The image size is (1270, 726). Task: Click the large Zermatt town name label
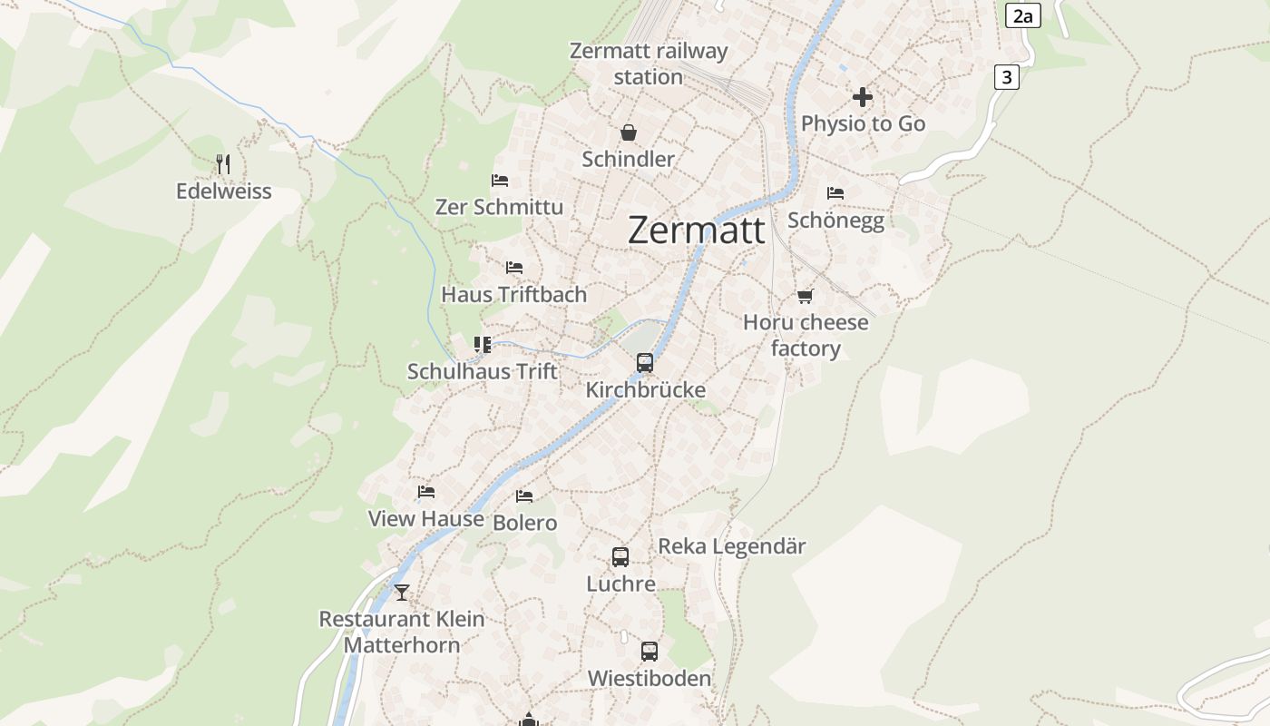(x=696, y=231)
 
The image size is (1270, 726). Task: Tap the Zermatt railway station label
(x=648, y=64)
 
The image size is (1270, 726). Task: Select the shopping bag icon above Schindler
(x=628, y=133)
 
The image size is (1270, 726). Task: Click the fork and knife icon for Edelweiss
(x=223, y=164)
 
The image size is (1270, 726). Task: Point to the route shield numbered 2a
(x=1022, y=15)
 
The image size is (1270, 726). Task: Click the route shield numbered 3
(x=1006, y=77)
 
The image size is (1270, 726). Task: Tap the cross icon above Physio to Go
(x=863, y=97)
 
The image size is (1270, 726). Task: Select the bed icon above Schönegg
(x=835, y=193)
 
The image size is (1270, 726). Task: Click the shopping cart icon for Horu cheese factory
(x=805, y=296)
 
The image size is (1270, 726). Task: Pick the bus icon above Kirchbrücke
(x=645, y=363)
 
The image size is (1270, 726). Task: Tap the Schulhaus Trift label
(x=483, y=371)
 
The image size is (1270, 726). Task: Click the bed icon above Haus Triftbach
(x=514, y=268)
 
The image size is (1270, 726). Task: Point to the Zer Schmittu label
(x=499, y=207)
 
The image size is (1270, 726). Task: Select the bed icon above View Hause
(x=426, y=492)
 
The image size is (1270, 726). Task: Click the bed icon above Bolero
(x=524, y=496)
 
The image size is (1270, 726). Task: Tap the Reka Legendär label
(x=731, y=546)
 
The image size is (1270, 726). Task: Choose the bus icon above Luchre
(x=620, y=557)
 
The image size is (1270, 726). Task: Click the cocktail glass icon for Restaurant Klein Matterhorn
(x=402, y=593)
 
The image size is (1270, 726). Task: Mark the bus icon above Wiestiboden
(x=650, y=652)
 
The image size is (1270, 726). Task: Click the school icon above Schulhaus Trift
(x=483, y=345)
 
